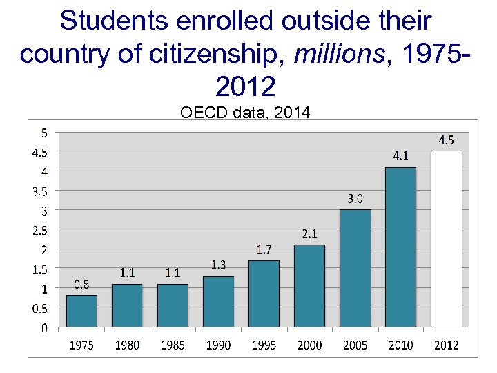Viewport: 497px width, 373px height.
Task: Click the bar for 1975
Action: point(81,311)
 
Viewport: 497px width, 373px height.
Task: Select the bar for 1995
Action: point(264,294)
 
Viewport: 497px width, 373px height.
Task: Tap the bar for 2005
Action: point(355,268)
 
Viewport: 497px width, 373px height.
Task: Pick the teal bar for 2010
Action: point(400,247)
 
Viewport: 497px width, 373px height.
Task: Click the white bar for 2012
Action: point(446,239)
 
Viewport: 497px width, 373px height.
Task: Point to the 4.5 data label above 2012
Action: point(447,140)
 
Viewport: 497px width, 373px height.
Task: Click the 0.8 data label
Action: point(81,284)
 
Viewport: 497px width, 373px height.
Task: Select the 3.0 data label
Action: point(355,199)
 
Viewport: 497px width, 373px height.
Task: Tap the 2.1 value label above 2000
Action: point(309,234)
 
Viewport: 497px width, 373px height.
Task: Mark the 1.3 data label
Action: point(218,265)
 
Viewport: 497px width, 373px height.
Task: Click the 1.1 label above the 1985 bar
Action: point(173,273)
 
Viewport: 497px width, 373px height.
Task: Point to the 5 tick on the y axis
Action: point(45,132)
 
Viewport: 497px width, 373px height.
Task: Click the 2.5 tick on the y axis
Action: point(40,229)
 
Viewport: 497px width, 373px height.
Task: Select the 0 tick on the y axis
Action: point(45,327)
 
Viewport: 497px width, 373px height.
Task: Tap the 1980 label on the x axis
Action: point(127,345)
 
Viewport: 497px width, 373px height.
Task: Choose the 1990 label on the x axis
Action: point(218,345)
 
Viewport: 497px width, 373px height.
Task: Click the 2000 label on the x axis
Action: point(309,345)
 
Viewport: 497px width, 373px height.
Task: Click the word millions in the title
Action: point(335,54)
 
